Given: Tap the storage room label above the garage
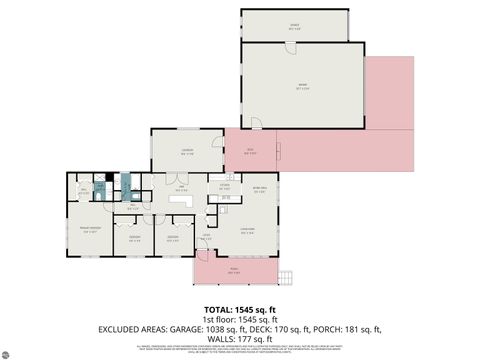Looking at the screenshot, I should point(294,26).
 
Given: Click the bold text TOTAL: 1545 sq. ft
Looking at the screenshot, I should point(239,309).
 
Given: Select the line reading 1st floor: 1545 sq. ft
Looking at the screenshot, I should point(239,318).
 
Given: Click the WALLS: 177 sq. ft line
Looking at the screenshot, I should point(239,337).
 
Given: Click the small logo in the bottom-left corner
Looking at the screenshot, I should point(9,352).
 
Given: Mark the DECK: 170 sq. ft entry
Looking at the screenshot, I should point(292,328).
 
